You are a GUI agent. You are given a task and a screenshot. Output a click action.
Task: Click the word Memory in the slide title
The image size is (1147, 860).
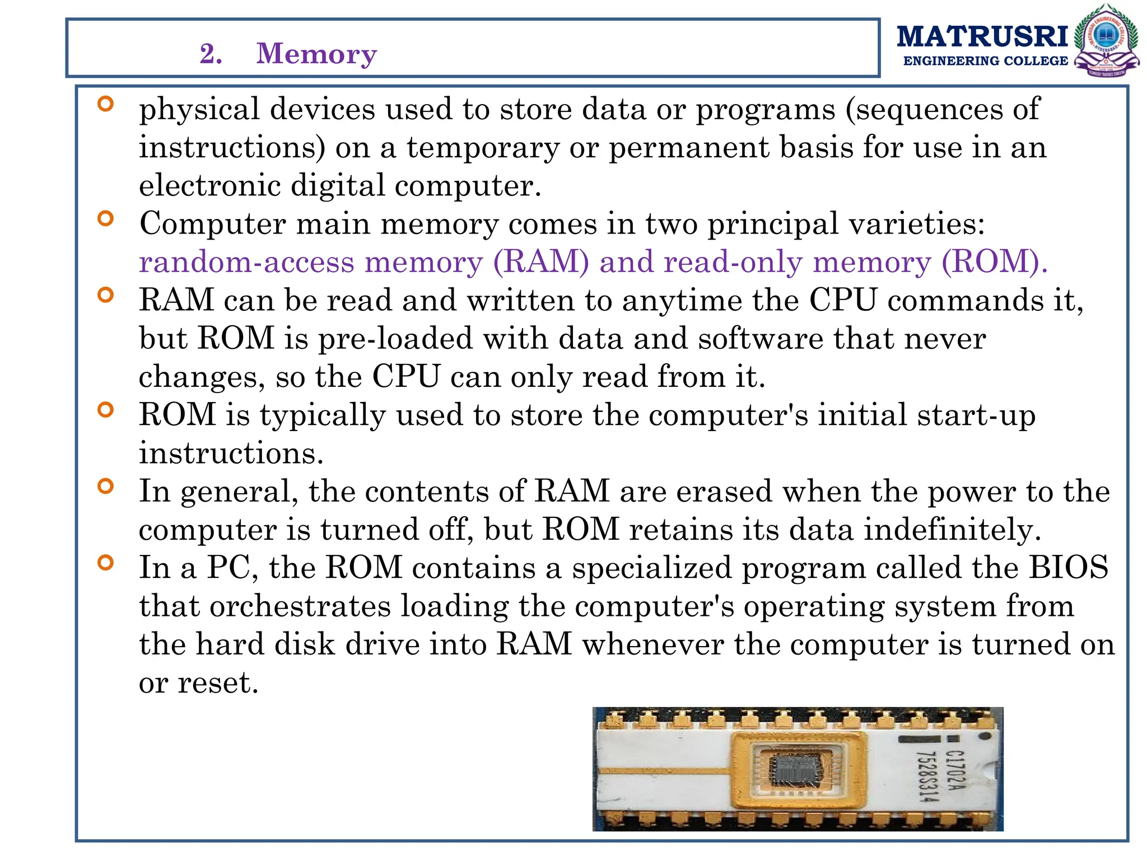[316, 54]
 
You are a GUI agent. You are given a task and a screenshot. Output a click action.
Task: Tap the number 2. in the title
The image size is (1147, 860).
[211, 54]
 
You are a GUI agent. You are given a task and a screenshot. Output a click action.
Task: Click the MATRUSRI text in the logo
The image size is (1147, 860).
[982, 37]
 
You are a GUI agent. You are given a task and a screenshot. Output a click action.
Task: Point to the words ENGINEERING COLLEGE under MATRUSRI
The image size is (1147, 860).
[986, 61]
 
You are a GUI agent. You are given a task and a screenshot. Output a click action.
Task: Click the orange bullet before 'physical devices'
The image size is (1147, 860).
[105, 104]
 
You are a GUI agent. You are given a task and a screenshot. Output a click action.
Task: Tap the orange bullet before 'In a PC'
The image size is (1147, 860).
[105, 562]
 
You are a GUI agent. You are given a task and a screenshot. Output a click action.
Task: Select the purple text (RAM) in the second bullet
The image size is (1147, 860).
[541, 262]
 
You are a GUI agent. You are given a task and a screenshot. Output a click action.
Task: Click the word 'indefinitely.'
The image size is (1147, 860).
[952, 530]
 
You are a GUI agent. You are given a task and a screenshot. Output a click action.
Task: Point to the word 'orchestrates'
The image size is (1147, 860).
[300, 606]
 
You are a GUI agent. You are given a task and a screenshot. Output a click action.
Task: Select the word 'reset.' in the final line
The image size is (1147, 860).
[218, 683]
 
